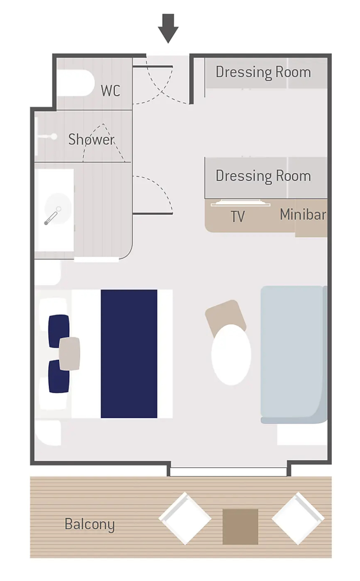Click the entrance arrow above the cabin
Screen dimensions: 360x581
pos(168,29)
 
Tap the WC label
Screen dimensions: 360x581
pos(110,91)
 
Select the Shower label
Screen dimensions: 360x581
pos(91,139)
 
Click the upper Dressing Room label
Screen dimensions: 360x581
pos(263,72)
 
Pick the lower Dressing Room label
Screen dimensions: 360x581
pos(263,176)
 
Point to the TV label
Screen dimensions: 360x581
pos(238,216)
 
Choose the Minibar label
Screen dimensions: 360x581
pos(303,215)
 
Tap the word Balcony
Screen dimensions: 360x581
pos(90,524)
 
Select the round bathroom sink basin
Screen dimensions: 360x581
pos(58,209)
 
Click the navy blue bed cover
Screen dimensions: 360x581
pos(129,354)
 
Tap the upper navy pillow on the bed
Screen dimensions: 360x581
pos(59,331)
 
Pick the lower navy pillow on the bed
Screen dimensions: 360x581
pos(59,376)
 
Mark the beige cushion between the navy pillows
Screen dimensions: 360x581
pos(69,353)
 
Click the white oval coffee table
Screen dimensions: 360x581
pos(231,355)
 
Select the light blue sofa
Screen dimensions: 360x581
pos(294,355)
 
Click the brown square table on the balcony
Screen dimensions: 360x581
pos(240,527)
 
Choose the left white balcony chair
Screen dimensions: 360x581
pos(185,518)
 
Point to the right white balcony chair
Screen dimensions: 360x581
pos(298,518)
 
